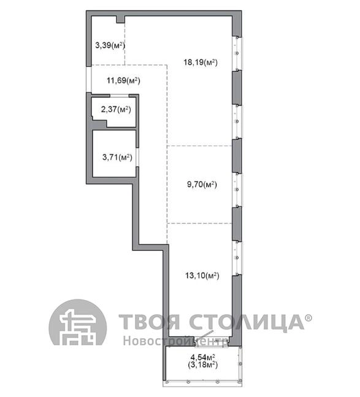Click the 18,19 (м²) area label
[201, 63]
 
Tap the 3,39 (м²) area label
[110, 45]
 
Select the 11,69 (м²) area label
[123, 81]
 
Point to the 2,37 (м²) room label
[116, 110]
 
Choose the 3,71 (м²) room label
[117, 158]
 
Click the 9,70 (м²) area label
[202, 184]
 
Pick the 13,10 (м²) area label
[202, 276]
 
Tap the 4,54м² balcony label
[202, 358]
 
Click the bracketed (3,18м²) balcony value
[202, 365]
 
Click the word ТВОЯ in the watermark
[150, 322]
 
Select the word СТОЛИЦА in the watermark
[247, 322]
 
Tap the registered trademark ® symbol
[308, 318]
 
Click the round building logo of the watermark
[78, 322]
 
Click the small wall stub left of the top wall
[120, 20]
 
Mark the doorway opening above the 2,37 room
[120, 96]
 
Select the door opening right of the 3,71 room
[137, 157]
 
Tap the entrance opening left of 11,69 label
[88, 79]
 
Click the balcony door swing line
[204, 336]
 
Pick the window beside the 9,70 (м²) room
[237, 190]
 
